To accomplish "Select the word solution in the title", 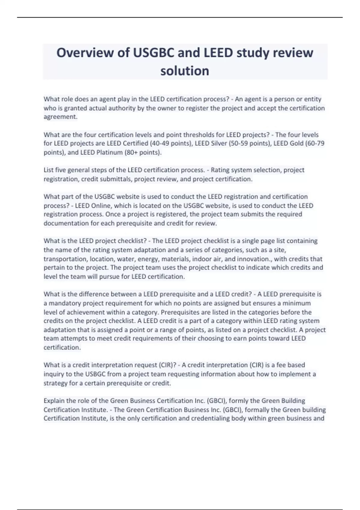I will click(185, 71).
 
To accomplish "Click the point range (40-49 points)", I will click(171, 143).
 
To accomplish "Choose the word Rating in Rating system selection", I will click(220, 170).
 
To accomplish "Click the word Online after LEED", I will click(101, 206).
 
